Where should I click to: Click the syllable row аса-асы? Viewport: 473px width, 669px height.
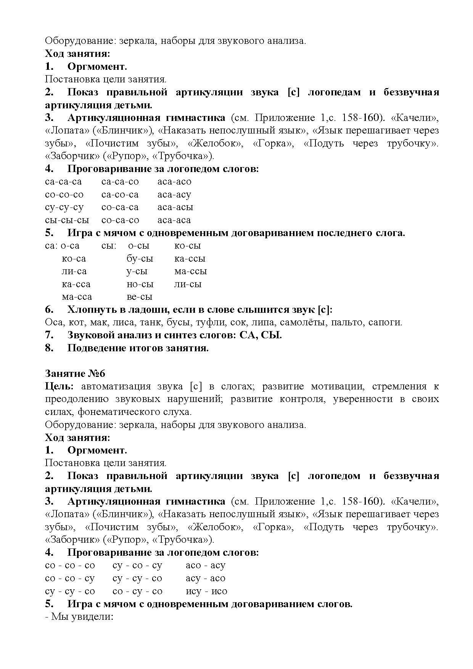[x=175, y=207]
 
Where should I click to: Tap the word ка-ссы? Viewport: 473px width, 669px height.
[x=190, y=259]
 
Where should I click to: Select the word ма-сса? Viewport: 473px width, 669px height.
[x=77, y=297]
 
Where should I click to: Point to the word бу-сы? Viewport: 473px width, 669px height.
[x=140, y=259]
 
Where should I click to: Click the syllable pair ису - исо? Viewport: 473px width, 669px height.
[x=206, y=591]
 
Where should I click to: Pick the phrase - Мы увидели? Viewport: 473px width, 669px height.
[x=79, y=617]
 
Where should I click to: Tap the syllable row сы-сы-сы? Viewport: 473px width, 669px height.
[x=67, y=220]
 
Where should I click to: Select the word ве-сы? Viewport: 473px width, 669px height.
[x=139, y=297]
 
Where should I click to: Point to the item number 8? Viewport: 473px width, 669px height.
[x=49, y=348]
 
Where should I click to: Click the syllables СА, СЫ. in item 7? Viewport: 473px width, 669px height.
[x=261, y=335]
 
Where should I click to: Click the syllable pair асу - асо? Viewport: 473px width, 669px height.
[x=205, y=578]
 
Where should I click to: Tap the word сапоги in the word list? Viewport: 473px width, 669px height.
[x=385, y=322]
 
